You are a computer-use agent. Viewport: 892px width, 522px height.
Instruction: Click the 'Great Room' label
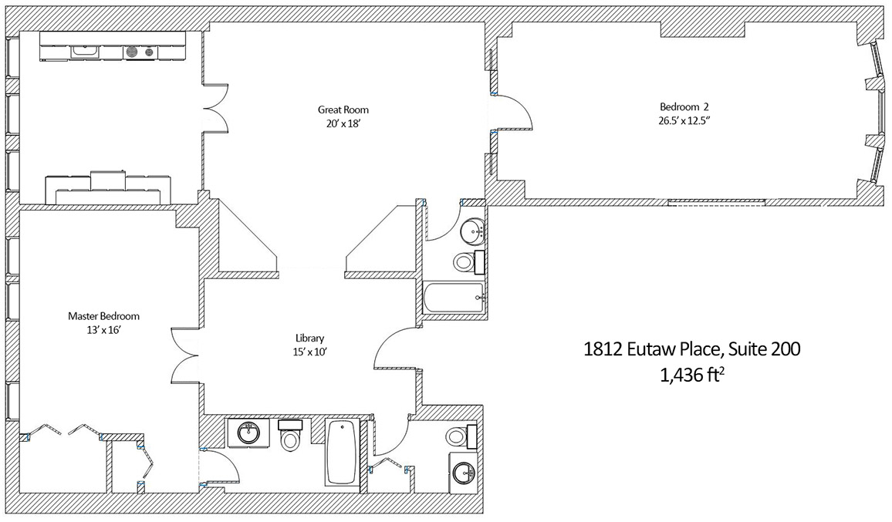tap(343, 109)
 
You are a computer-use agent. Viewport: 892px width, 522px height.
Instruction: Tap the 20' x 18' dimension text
tap(343, 123)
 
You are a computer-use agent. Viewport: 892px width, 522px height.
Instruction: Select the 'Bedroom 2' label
tap(684, 107)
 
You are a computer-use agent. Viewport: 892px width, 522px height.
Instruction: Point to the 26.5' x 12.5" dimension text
tap(684, 120)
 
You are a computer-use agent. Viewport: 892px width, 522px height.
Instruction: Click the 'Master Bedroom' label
tap(103, 316)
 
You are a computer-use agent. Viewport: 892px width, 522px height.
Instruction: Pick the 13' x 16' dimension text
tap(103, 330)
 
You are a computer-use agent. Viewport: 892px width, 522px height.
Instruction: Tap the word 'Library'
tap(309, 338)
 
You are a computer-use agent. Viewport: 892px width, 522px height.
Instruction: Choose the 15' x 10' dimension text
tap(309, 352)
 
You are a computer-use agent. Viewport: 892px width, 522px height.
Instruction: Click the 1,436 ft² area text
tap(691, 375)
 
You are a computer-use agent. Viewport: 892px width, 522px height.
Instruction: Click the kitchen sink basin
tap(86, 52)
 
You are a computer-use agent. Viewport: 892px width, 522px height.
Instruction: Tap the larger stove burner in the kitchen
tap(132, 52)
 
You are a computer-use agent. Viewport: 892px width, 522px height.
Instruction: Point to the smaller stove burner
tap(150, 52)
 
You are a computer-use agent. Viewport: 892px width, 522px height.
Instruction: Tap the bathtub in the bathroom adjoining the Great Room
tap(454, 297)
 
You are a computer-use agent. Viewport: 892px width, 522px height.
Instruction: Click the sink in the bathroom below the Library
tap(248, 433)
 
